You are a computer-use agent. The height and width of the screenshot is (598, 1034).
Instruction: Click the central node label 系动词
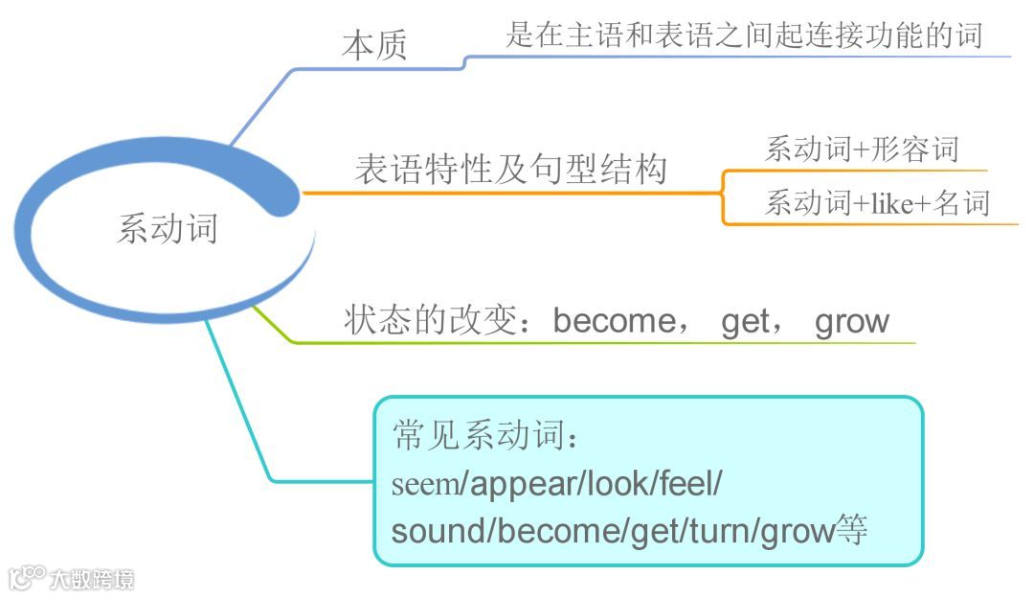[x=168, y=228]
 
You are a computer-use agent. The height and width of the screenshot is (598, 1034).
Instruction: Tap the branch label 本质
[x=374, y=46]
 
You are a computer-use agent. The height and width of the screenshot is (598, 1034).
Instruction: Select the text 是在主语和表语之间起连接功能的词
[x=744, y=34]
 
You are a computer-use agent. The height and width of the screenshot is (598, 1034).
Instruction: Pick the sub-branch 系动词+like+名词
[x=876, y=203]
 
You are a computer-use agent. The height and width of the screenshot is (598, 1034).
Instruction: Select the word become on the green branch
[x=614, y=321]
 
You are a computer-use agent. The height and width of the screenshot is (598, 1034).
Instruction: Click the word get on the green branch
[x=746, y=321]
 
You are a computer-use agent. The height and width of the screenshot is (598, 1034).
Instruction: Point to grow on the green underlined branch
[x=851, y=321]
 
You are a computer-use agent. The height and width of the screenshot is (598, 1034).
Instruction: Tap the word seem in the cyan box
[x=426, y=484]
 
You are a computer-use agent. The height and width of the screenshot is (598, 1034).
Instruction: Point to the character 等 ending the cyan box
[x=851, y=530]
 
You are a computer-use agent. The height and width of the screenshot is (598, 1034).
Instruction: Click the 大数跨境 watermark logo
[x=72, y=578]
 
